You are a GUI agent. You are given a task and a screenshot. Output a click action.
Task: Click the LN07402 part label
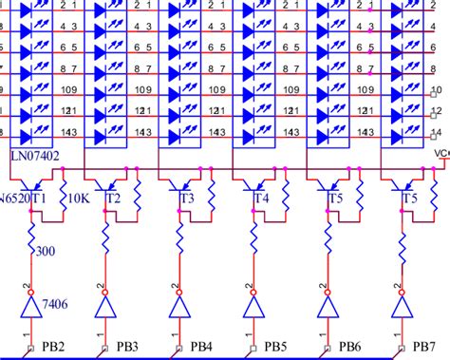(x=31, y=154)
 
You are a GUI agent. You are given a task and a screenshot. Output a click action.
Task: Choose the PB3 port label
(x=127, y=345)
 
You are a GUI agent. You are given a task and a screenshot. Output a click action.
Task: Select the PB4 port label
(x=202, y=345)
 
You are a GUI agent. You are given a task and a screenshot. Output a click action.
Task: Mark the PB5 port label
(x=275, y=345)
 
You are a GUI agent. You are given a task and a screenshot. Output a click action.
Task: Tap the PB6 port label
(x=349, y=345)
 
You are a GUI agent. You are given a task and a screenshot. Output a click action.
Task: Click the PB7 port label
(x=424, y=345)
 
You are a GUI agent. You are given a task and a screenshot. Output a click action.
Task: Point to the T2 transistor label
(x=113, y=199)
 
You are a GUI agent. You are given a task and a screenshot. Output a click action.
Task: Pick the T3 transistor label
(x=187, y=199)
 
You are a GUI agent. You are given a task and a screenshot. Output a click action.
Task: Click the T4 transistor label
(x=261, y=199)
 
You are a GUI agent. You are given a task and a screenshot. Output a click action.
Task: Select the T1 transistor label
(x=40, y=199)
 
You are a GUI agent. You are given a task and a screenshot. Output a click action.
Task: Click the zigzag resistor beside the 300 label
(x=31, y=242)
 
